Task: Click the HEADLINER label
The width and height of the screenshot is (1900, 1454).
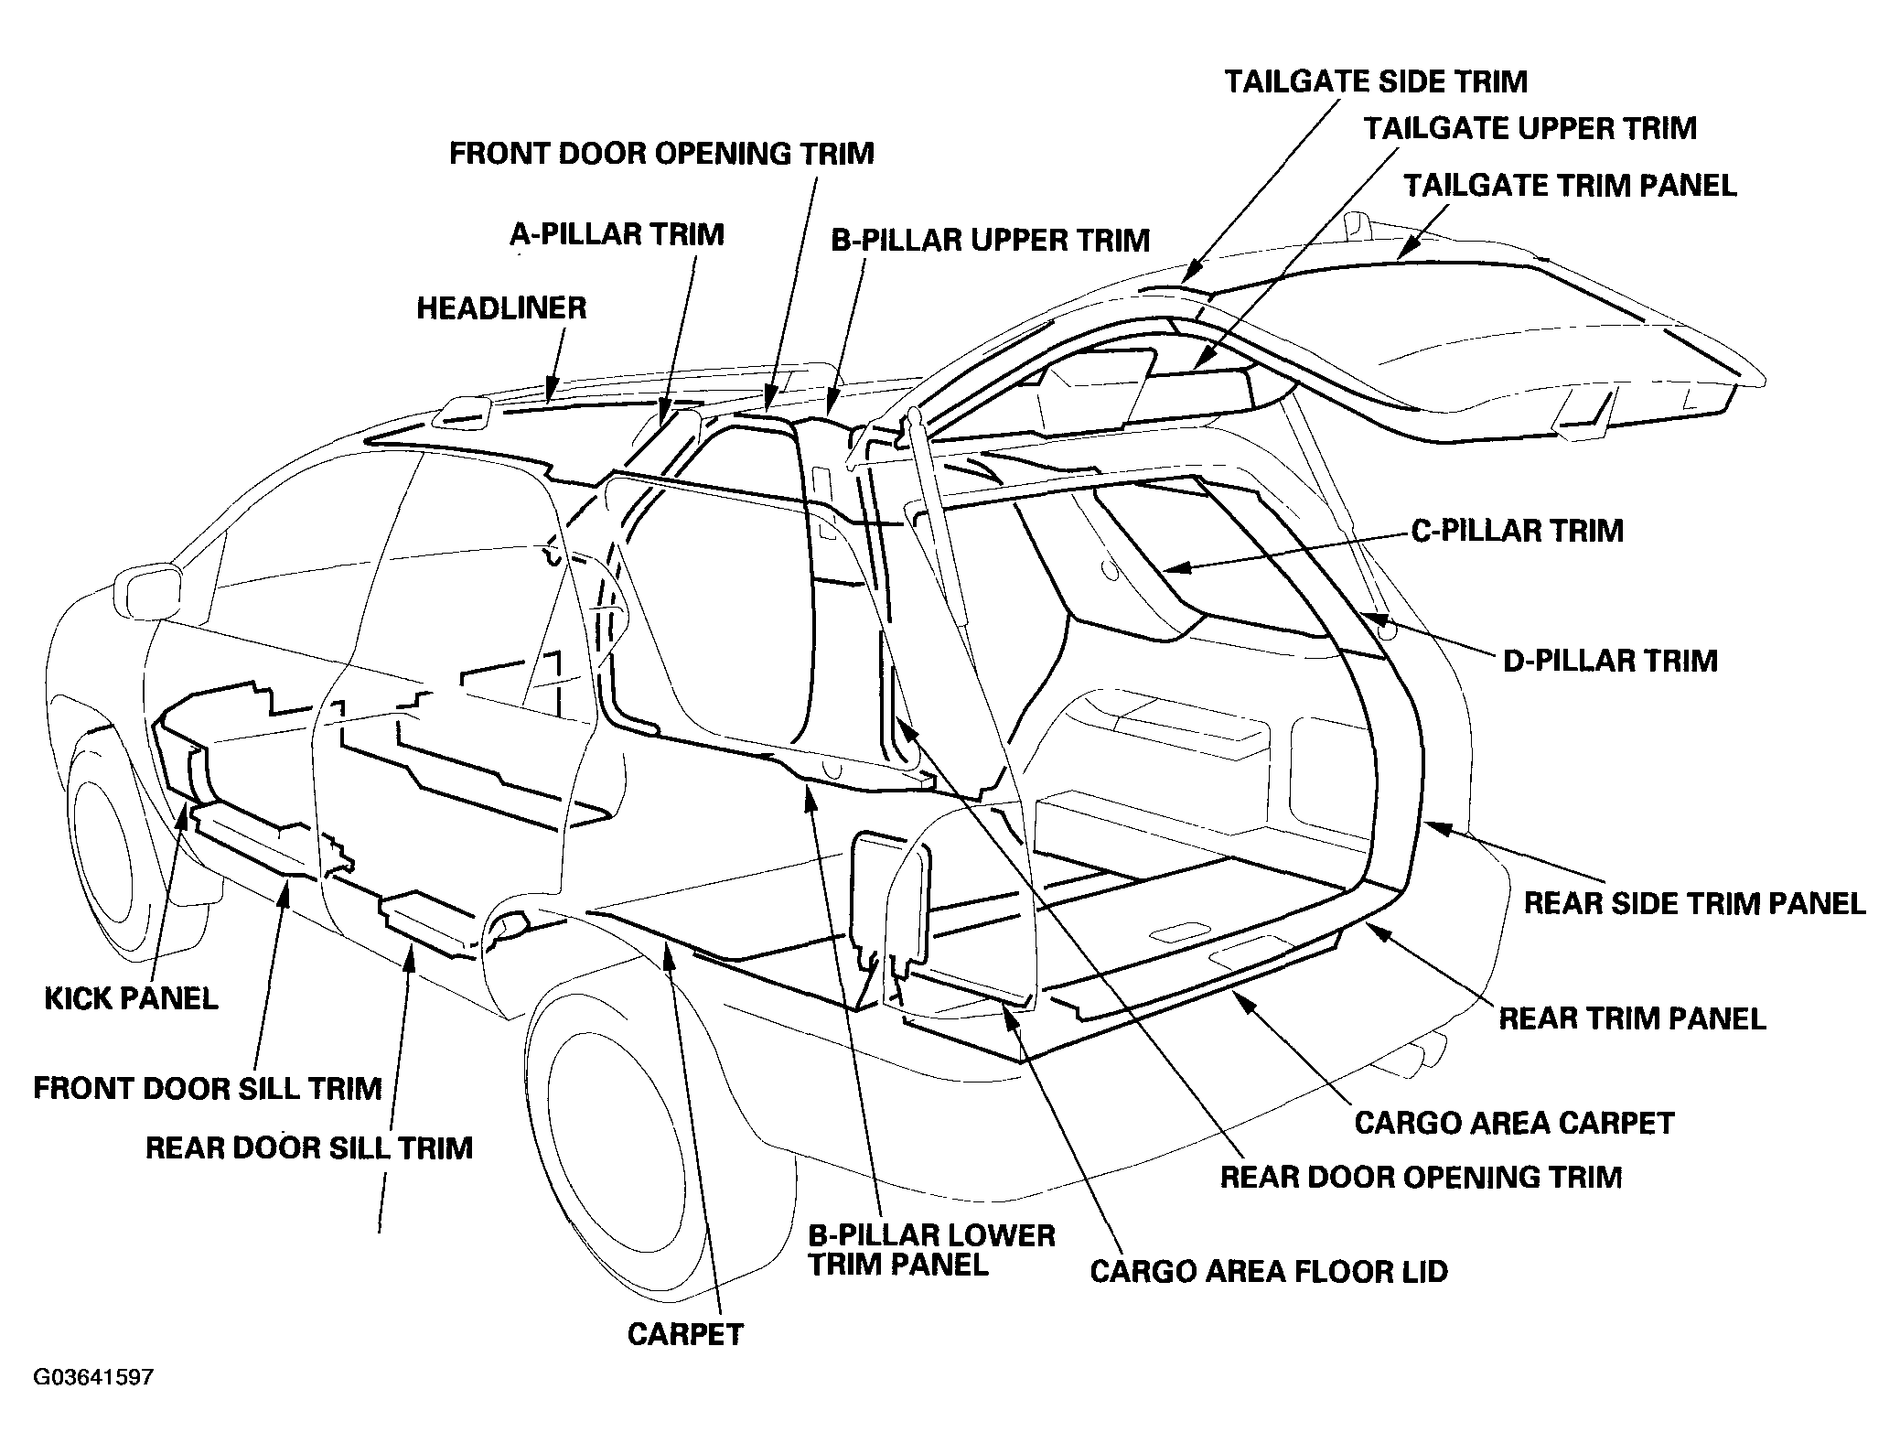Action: pyautogui.click(x=501, y=308)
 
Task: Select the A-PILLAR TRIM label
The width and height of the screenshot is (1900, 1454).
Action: pyautogui.click(x=617, y=235)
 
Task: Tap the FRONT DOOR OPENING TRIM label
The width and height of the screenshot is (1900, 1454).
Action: pyautogui.click(x=661, y=153)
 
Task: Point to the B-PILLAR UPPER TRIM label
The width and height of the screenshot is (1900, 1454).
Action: pyautogui.click(x=990, y=241)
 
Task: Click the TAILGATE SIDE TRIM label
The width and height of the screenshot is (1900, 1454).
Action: pyautogui.click(x=1376, y=81)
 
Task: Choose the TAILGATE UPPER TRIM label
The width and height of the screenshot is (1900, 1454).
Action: pyautogui.click(x=1530, y=128)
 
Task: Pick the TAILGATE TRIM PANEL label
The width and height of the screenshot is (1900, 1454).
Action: pyautogui.click(x=1570, y=186)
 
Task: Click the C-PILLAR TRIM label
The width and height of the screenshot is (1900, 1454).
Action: pyautogui.click(x=1517, y=531)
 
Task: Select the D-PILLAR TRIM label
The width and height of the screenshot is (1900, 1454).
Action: pyautogui.click(x=1610, y=661)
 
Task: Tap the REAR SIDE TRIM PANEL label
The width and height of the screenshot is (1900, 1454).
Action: pyautogui.click(x=1694, y=904)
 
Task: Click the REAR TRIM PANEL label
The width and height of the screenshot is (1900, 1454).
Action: pyautogui.click(x=1632, y=1018)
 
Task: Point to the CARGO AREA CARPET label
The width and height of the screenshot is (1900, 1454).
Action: pyautogui.click(x=1514, y=1123)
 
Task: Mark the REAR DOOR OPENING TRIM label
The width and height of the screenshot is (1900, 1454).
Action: pyautogui.click(x=1421, y=1177)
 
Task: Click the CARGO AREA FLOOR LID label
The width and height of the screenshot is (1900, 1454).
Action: pyautogui.click(x=1269, y=1272)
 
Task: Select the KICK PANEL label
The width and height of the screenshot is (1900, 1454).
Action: pyautogui.click(x=131, y=998)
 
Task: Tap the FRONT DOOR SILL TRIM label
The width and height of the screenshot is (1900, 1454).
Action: pyautogui.click(x=208, y=1089)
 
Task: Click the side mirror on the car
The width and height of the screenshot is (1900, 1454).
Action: pyautogui.click(x=146, y=593)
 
